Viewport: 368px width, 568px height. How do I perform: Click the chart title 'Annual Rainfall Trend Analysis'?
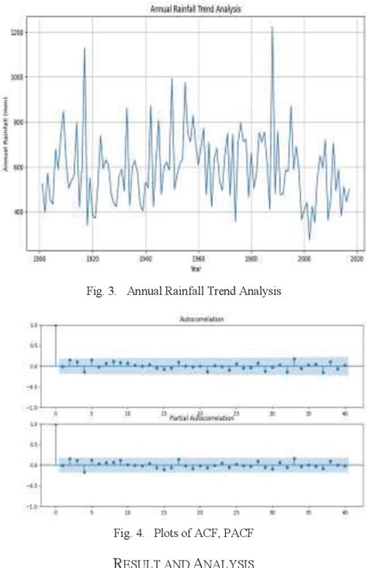193,9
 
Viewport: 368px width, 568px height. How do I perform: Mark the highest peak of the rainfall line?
272,27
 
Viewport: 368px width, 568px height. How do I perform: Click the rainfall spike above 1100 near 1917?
85,48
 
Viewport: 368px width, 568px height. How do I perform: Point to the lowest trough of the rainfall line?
310,240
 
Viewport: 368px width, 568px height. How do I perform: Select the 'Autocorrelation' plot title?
200,319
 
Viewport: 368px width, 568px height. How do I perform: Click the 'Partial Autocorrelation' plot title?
200,419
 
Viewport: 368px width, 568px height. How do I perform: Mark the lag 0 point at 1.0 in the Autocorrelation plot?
55,326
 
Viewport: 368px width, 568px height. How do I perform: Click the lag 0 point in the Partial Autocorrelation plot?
55,425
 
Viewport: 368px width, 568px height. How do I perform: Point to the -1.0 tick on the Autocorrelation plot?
33,407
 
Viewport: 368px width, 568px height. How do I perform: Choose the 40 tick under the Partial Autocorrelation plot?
344,512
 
